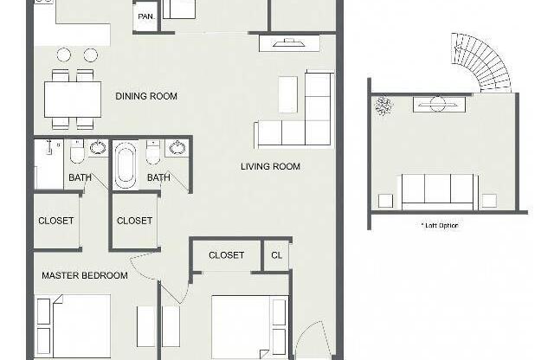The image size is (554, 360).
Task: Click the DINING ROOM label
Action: pyautogui.click(x=146, y=96)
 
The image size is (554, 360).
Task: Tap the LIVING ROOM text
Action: pyautogui.click(x=270, y=166)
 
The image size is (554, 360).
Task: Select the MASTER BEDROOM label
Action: pyautogui.click(x=85, y=275)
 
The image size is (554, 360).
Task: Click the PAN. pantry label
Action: pyautogui.click(x=146, y=16)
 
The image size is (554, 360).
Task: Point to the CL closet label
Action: pyautogui.click(x=277, y=255)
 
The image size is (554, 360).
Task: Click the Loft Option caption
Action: pyautogui.click(x=440, y=225)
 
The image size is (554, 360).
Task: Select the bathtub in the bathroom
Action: pyautogui.click(x=125, y=165)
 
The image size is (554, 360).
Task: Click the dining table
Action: pyautogui.click(x=73, y=100)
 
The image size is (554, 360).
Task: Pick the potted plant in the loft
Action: pyautogui.click(x=383, y=106)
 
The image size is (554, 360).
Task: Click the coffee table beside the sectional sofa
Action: pyautogui.click(x=287, y=94)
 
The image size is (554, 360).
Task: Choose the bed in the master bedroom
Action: pyautogui.click(x=74, y=326)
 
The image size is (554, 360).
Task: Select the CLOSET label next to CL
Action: pyautogui.click(x=226, y=255)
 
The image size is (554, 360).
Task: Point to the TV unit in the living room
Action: pyautogui.click(x=289, y=43)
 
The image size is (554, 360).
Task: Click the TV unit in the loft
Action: pyautogui.click(x=439, y=105)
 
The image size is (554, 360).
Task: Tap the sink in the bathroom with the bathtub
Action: pyautogui.click(x=177, y=147)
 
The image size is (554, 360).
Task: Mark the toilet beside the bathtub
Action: pyautogui.click(x=152, y=152)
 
